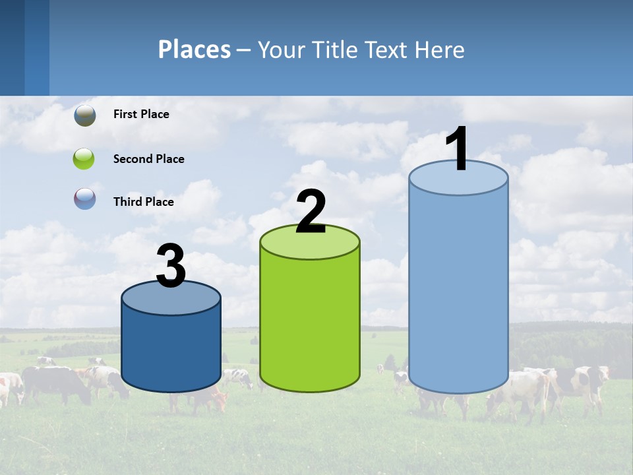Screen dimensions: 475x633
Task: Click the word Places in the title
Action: click(x=195, y=49)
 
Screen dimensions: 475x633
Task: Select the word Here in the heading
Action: click(x=440, y=49)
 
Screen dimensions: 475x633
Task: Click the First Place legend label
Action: click(x=141, y=114)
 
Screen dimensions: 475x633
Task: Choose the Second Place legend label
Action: click(x=148, y=159)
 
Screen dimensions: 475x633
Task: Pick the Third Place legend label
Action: click(x=143, y=202)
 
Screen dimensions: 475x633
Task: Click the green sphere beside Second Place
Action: click(x=84, y=159)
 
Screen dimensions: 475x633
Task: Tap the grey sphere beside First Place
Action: click(x=85, y=115)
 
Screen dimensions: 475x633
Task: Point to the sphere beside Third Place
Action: click(x=84, y=199)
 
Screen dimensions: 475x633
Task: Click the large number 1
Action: click(x=458, y=148)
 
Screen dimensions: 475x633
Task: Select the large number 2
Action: click(x=311, y=212)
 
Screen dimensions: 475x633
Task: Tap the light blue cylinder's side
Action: click(x=458, y=290)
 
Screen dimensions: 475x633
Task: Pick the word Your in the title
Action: click(x=280, y=49)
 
